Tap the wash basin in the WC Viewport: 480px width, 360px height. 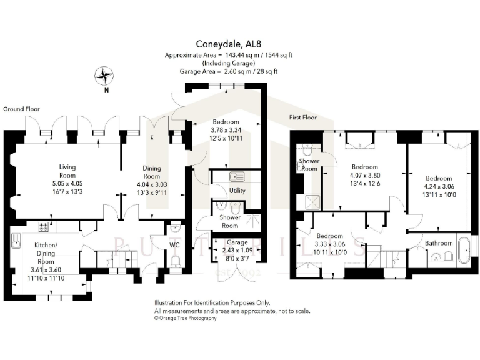174,227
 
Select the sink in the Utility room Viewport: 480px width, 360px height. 236,176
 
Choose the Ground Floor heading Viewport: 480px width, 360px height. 21,109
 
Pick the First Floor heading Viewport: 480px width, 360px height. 302,117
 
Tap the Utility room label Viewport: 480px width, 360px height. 237,190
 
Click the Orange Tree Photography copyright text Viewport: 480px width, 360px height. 186,318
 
